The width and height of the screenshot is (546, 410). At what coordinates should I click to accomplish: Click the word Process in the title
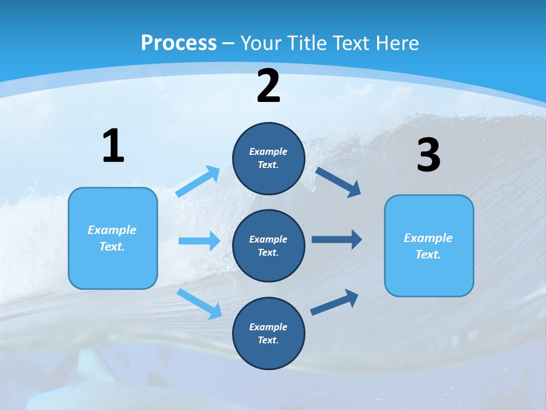click(x=179, y=43)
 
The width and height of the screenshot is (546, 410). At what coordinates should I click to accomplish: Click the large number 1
click(x=113, y=146)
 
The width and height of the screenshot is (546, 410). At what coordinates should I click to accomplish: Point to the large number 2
click(x=268, y=86)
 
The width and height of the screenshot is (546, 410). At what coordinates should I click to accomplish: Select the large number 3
click(x=428, y=155)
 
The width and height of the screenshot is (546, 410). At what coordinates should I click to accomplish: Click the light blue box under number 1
click(x=113, y=238)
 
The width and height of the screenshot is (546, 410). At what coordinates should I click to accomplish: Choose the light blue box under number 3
click(x=429, y=245)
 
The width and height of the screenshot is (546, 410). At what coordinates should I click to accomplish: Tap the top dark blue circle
click(x=268, y=158)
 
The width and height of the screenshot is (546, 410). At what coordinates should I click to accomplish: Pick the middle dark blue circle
click(x=268, y=245)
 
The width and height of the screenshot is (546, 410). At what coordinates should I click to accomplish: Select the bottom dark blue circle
click(x=268, y=333)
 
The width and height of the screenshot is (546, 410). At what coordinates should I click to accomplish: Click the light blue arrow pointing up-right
click(x=198, y=181)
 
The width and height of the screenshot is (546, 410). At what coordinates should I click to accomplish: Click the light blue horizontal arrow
click(x=199, y=241)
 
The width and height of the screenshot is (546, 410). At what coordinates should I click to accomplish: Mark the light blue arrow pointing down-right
click(x=200, y=304)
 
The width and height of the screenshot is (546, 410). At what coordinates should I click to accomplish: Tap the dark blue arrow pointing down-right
click(x=338, y=182)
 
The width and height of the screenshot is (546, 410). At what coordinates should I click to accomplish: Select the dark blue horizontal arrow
click(x=337, y=239)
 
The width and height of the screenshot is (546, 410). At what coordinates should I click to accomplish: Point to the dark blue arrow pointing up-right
click(x=334, y=302)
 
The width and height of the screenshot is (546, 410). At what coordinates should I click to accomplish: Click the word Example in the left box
click(x=112, y=230)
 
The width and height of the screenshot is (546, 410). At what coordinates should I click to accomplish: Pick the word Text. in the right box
click(x=428, y=255)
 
